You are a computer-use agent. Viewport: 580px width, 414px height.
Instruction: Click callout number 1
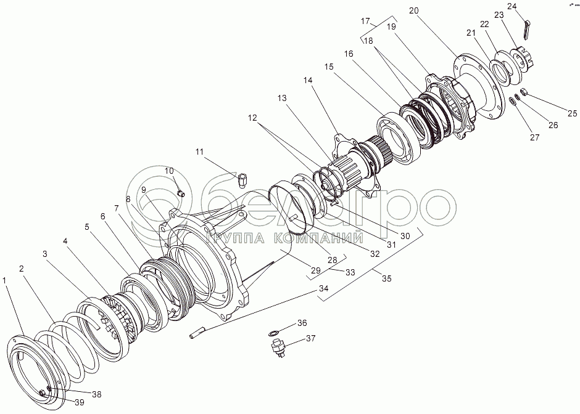[x=6, y=280]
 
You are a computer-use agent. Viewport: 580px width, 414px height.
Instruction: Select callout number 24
[x=512, y=7]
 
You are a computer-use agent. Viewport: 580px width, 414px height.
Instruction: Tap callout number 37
[x=311, y=338]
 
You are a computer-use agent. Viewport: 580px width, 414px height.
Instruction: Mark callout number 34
[x=323, y=289]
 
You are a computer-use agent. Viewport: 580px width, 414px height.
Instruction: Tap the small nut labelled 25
[x=524, y=92]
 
